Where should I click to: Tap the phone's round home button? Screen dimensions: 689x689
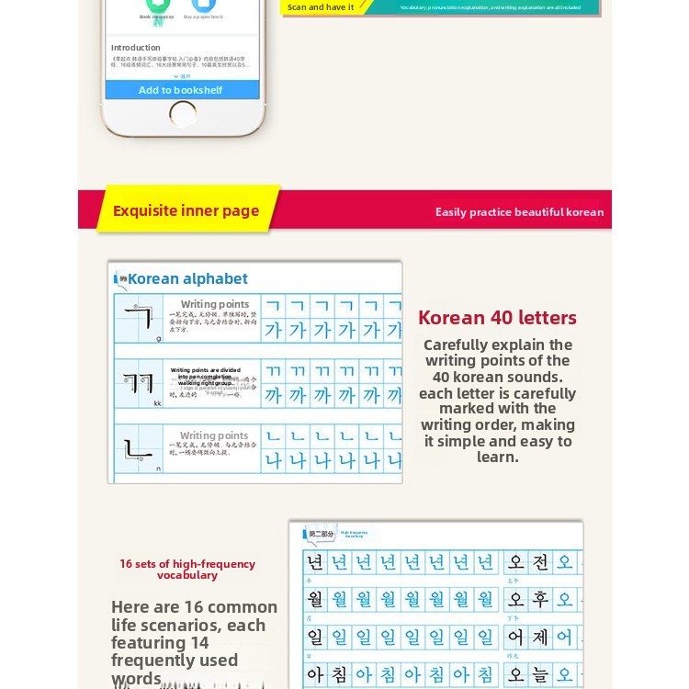[x=183, y=115]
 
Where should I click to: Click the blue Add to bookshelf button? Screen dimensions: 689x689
[x=181, y=90]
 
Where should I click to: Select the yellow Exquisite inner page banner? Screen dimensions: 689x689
[x=186, y=210]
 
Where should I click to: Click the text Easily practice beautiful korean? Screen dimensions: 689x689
[x=519, y=212]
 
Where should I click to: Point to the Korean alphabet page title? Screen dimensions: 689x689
[x=187, y=278]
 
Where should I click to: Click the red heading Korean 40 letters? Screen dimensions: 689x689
[x=497, y=318]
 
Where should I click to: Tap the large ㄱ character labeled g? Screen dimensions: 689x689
[x=138, y=317]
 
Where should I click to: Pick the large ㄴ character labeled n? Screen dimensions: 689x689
[x=138, y=449]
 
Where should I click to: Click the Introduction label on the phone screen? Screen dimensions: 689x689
[x=135, y=48]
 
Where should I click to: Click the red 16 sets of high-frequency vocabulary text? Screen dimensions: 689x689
[x=187, y=570]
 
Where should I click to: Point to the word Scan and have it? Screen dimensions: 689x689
[x=321, y=7]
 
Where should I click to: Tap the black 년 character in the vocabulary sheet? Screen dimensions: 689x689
[x=315, y=562]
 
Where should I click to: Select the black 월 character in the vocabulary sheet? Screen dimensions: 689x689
[x=315, y=600]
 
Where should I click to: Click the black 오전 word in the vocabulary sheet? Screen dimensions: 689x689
[x=528, y=562]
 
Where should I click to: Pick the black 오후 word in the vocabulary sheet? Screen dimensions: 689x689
[x=528, y=600]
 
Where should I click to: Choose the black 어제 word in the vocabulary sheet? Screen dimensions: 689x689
[x=528, y=637]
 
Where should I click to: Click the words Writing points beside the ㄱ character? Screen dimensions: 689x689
[x=215, y=304]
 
